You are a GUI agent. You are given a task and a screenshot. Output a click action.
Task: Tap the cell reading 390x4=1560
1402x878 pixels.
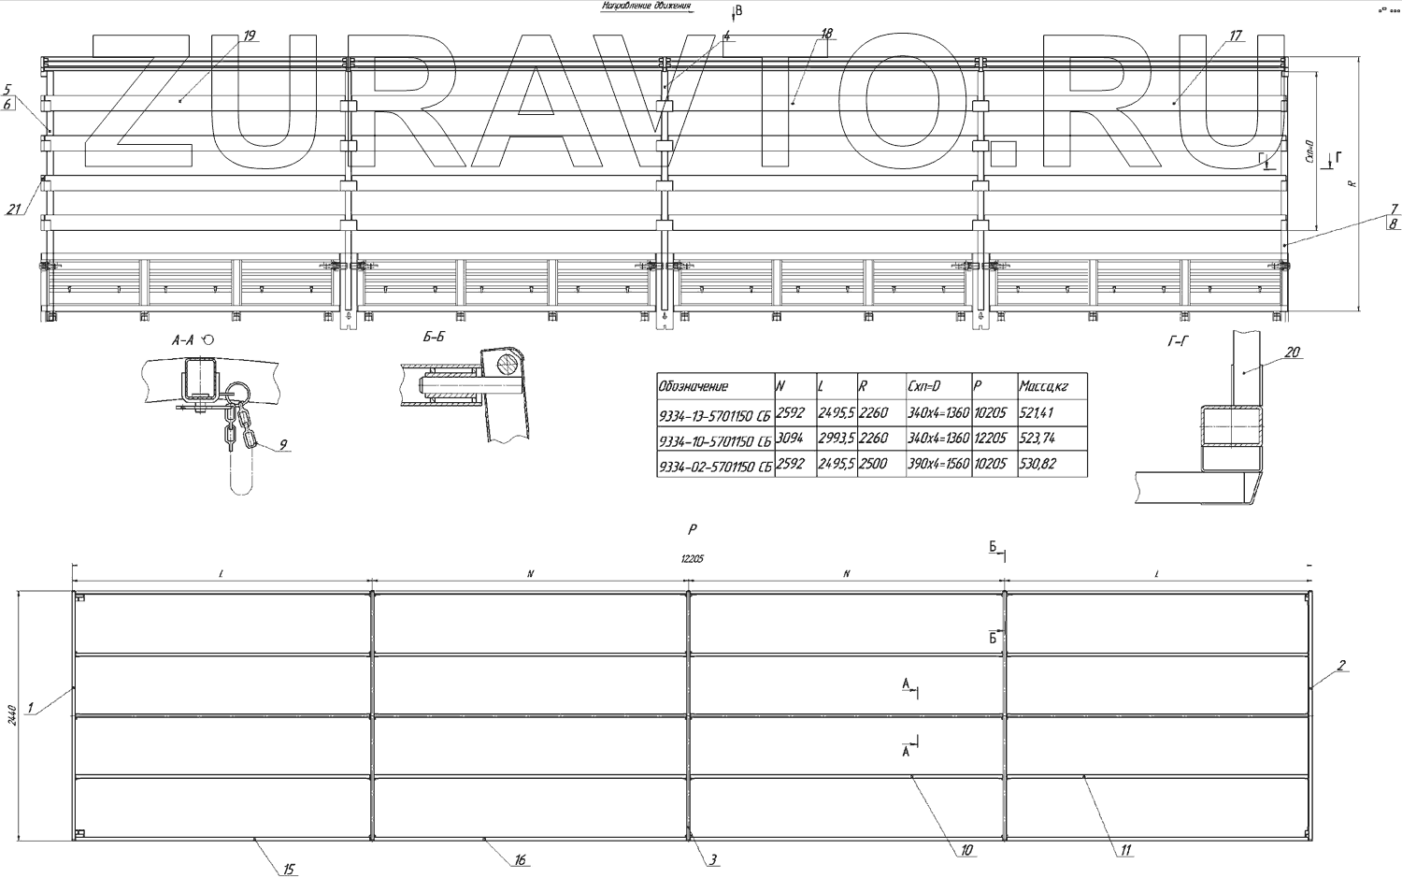(x=937, y=464)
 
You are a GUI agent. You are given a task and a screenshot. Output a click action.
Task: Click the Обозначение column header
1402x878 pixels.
(x=694, y=386)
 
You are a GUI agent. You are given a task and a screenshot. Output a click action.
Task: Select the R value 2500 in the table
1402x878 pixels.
(x=874, y=464)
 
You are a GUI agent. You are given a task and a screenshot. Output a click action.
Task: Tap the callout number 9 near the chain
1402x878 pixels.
(x=282, y=445)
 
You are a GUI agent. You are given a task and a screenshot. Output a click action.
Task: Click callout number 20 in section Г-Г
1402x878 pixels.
(x=1293, y=353)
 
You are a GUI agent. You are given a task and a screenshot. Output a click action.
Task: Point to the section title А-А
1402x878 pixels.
(x=183, y=340)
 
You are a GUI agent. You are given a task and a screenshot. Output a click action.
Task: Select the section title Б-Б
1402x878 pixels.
(x=433, y=338)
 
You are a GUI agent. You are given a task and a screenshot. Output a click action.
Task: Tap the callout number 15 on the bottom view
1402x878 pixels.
(x=289, y=870)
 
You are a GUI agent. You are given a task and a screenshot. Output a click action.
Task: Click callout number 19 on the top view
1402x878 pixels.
(x=249, y=36)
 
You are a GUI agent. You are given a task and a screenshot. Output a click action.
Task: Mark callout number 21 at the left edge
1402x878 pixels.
(x=13, y=209)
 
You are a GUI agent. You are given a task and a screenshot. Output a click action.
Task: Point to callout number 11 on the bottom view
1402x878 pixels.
(x=1126, y=850)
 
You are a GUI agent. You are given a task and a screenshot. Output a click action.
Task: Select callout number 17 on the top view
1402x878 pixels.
(x=1236, y=36)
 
